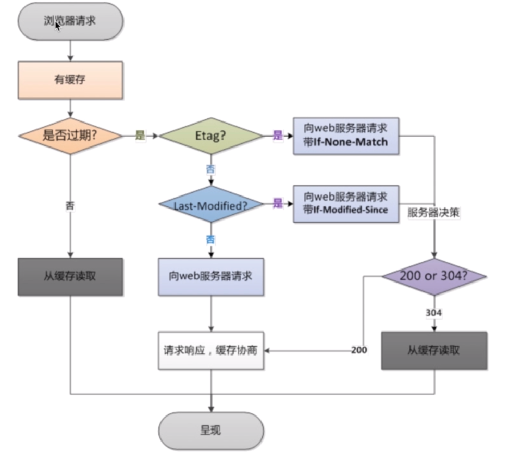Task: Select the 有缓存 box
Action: [x=70, y=80]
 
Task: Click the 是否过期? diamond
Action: [x=70, y=136]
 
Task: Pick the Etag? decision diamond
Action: [x=211, y=136]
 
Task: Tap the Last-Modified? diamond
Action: [x=211, y=205]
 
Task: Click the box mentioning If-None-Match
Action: [x=345, y=135]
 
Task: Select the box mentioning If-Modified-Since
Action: [x=345, y=204]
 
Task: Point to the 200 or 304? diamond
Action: [x=433, y=276]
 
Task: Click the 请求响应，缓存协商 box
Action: [x=211, y=350]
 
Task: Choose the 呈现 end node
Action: [x=211, y=431]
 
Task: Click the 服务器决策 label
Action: [x=433, y=213]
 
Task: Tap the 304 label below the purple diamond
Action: [x=433, y=312]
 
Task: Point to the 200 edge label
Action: [x=358, y=350]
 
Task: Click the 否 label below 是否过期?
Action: [x=70, y=205]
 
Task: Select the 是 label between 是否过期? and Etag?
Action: [x=140, y=136]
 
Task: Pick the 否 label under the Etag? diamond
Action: [x=210, y=169]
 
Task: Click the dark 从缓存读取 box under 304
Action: [x=433, y=350]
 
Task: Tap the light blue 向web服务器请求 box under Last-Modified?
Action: [x=211, y=276]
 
